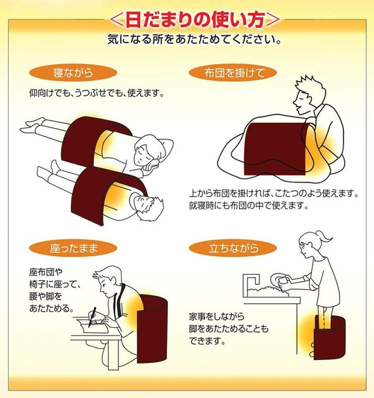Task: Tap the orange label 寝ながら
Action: [x=73, y=73]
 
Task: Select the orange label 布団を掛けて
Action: [x=233, y=73]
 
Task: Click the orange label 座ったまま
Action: [x=73, y=248]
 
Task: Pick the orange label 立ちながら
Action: [x=233, y=248]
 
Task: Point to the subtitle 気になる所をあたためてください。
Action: [x=195, y=39]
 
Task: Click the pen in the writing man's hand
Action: [x=92, y=317]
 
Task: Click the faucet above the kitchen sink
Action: [x=251, y=279]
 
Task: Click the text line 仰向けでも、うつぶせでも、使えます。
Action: [x=96, y=94]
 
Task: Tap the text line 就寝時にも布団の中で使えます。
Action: [x=248, y=205]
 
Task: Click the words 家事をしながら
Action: [x=217, y=317]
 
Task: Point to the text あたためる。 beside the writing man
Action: [x=51, y=308]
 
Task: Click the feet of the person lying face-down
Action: [x=33, y=126]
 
